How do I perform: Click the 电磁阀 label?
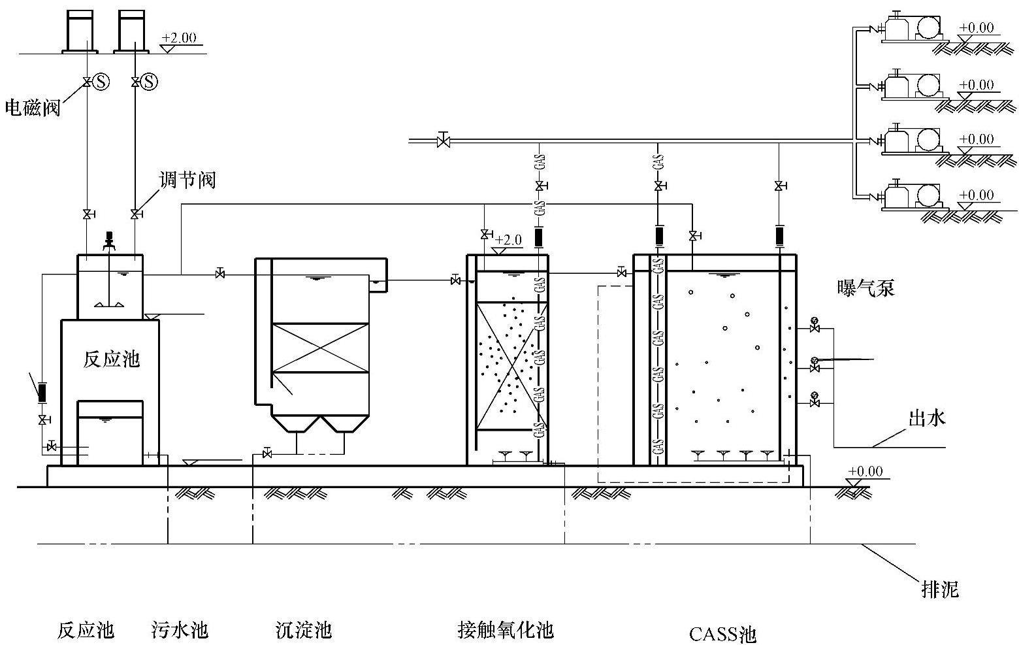coord(33,108)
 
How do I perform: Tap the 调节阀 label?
coord(187,180)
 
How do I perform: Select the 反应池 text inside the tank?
coord(111,359)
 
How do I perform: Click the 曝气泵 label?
coord(865,288)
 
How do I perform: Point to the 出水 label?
coord(927,418)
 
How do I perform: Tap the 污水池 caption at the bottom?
coord(180,630)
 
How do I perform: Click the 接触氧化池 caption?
coord(506,630)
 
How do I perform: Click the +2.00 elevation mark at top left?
coord(178,38)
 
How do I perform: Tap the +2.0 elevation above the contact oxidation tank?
coord(508,240)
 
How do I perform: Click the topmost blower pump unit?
coord(910,28)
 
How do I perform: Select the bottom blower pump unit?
coord(910,195)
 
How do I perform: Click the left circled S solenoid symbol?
coord(101,82)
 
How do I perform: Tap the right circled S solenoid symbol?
coord(150,82)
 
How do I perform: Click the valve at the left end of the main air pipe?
coord(444,140)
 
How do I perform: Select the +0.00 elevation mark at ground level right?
coord(865,472)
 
